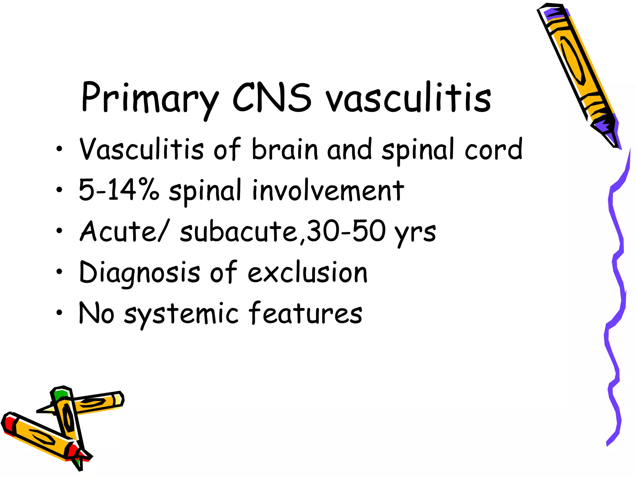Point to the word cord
493,150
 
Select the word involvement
328,190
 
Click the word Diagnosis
140,273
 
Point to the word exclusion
307,273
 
